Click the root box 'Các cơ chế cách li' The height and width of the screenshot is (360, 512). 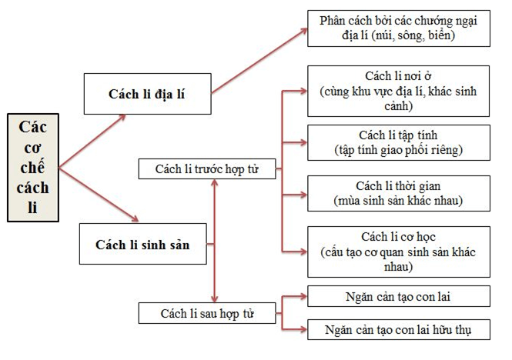click(33, 167)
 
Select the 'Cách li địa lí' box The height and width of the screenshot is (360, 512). click(147, 93)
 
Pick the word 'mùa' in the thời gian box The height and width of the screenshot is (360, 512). click(340, 202)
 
